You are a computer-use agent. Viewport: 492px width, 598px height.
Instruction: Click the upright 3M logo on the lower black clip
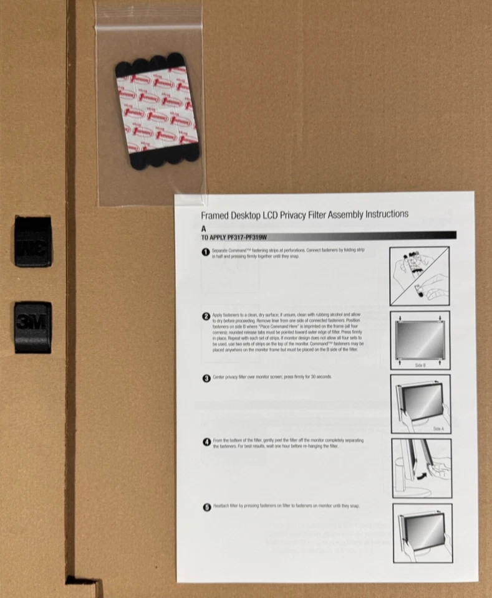point(32,324)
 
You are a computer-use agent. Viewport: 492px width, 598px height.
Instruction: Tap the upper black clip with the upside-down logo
point(32,242)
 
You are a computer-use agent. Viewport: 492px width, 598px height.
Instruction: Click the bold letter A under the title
point(203,229)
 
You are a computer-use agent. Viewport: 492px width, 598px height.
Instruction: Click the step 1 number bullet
point(206,252)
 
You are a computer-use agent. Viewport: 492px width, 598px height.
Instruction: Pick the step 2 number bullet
point(206,317)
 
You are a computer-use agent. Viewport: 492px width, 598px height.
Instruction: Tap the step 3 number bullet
point(206,378)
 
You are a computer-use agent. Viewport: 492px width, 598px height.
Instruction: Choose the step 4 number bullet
point(206,442)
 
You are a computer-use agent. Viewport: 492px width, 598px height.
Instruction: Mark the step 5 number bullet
point(206,507)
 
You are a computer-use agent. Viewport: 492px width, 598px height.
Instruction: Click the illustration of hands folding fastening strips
point(420,275)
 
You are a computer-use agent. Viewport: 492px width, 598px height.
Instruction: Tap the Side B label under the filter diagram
point(420,365)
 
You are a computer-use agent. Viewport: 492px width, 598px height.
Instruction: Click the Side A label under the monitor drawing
point(438,429)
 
